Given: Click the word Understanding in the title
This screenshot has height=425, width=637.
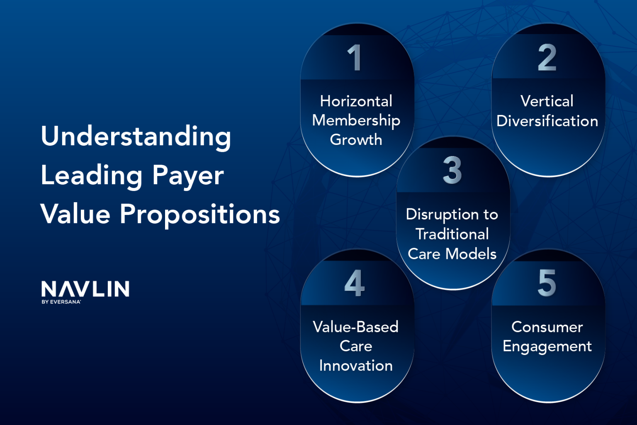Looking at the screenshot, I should click(136, 137).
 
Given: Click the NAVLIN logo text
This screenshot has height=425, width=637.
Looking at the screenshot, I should click(85, 289).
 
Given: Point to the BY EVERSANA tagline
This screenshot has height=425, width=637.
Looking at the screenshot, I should click(61, 302).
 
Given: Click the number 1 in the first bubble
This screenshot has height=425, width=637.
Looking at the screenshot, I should click(355, 58).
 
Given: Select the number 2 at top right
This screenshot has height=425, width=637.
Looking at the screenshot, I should click(547, 58).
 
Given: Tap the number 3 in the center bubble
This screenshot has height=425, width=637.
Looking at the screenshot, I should click(452, 170).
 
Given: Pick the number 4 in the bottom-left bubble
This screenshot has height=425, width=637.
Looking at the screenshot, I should click(355, 283).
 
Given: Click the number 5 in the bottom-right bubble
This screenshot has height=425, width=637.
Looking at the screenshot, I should click(547, 283).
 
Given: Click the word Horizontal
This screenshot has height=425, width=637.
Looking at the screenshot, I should click(356, 101).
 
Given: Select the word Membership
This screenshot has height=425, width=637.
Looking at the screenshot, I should click(356, 120).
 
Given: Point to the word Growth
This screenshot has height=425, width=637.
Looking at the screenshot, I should click(356, 140).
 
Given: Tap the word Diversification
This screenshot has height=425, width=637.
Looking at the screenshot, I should click(547, 121).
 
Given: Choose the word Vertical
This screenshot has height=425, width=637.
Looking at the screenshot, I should click(547, 101).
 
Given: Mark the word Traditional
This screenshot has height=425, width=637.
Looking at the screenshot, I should click(452, 234).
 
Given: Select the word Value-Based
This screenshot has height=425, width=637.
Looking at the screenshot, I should click(355, 327).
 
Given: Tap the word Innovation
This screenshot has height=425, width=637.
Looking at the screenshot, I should click(356, 366).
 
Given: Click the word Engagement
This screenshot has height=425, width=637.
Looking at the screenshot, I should click(547, 347).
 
